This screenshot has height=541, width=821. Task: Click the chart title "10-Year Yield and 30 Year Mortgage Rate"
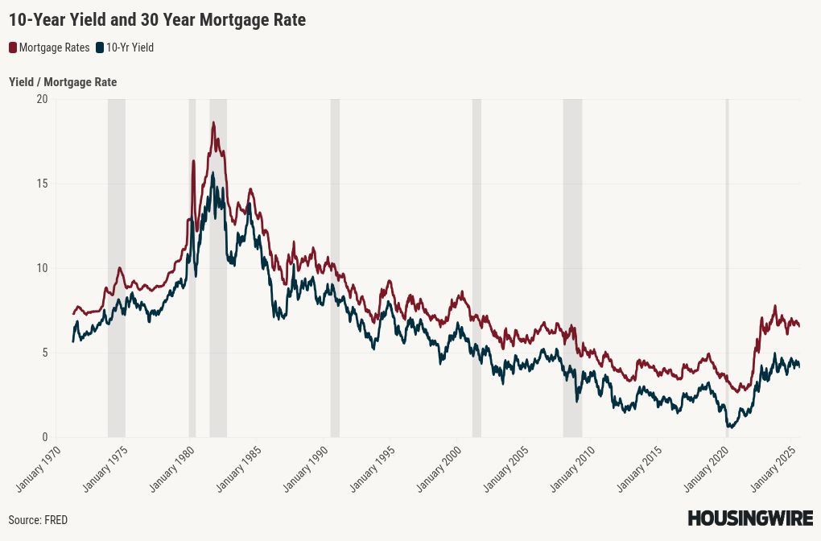[157, 20]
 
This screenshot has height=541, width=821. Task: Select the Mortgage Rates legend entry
[49, 47]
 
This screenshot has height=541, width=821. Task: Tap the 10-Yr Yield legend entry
[125, 47]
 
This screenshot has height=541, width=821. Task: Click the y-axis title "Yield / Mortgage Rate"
[63, 82]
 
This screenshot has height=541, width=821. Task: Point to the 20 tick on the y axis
[42, 99]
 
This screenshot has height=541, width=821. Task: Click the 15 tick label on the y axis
[42, 184]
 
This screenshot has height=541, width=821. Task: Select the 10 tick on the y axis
[42, 268]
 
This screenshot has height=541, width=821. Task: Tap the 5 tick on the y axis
[44, 353]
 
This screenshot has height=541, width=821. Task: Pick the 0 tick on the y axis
[44, 437]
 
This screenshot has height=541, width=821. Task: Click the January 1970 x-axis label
[38, 469]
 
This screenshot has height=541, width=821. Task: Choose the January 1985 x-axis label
[239, 469]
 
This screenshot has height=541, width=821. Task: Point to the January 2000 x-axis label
[439, 469]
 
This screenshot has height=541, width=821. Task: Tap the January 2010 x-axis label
[572, 469]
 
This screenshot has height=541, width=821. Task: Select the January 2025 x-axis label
[773, 469]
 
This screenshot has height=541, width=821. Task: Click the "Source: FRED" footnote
[38, 520]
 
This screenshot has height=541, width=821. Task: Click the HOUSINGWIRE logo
[750, 518]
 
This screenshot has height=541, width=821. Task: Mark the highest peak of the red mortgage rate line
[213, 122]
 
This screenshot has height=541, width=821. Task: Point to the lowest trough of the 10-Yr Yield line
[729, 427]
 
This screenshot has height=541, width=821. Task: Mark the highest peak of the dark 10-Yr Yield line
[212, 173]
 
